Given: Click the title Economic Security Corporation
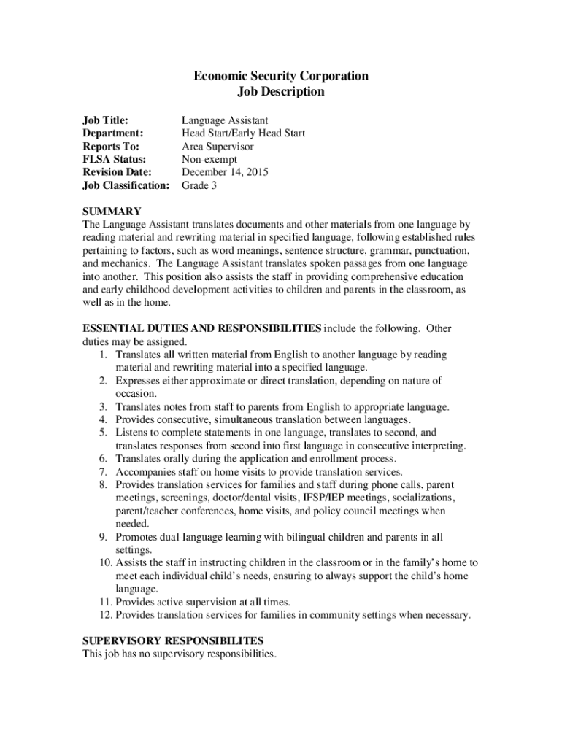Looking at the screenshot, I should [x=280, y=76].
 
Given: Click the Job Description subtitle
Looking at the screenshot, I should [x=280, y=92].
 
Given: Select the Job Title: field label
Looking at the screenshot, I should [x=105, y=120].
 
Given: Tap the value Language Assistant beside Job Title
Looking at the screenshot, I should [x=225, y=120].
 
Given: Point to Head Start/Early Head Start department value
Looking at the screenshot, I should [x=243, y=133].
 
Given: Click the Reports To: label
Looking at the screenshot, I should [x=110, y=146].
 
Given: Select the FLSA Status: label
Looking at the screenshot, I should [x=114, y=159].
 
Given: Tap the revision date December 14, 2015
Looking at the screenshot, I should [x=225, y=172].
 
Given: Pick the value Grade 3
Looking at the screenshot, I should [x=199, y=185].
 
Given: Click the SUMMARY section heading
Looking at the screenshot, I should [x=112, y=212].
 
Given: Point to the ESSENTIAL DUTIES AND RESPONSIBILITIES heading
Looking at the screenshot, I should [x=201, y=328].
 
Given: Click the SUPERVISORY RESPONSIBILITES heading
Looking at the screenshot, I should [x=173, y=640].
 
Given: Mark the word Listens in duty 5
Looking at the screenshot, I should [x=132, y=433].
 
